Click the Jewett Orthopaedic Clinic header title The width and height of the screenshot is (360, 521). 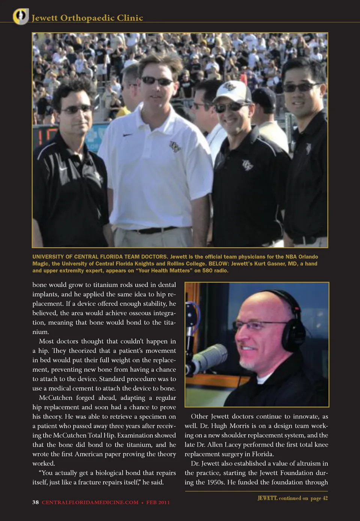pos(87,18)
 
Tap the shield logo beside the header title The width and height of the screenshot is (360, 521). pos(21,16)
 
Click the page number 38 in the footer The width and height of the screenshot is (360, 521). pos(36,502)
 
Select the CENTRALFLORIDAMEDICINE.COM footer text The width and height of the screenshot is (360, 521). pos(90,502)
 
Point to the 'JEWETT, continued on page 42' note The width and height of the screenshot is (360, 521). pos(292,498)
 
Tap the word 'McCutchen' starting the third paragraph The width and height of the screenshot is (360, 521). pos(55,398)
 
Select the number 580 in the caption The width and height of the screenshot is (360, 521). pos(207,270)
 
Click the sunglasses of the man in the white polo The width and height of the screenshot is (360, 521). pos(157,81)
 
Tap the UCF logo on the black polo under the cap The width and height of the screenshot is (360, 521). pos(247,165)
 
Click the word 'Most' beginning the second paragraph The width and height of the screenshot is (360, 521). pos(46,341)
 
